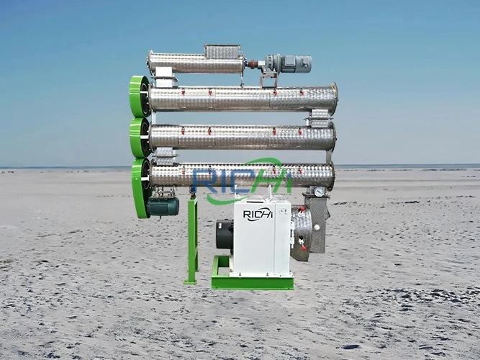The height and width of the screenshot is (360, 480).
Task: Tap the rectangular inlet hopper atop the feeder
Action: [223, 51]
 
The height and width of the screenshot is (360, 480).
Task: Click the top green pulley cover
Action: [138, 96]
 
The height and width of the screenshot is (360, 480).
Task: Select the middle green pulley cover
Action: [139, 138]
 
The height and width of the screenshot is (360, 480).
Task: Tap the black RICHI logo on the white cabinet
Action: [258, 214]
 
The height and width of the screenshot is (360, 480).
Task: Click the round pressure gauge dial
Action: [319, 192]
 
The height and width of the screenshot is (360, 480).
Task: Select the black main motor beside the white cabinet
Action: [225, 235]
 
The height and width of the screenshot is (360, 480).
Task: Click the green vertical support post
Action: [192, 241]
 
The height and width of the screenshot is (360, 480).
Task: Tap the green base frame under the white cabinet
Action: [252, 282]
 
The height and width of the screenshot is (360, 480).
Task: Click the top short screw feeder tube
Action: [196, 63]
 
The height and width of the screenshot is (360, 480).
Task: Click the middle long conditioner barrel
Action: [241, 136]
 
